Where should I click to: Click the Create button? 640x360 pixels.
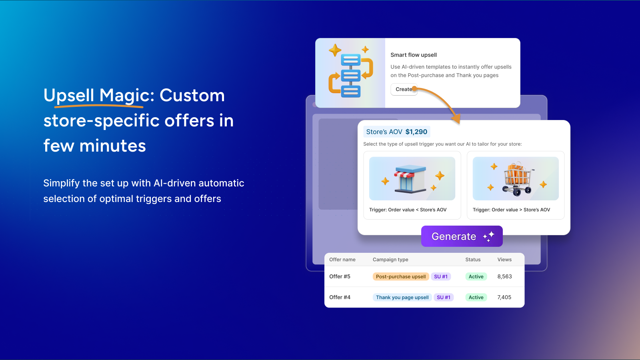[404, 90]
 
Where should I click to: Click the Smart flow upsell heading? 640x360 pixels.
[414, 55]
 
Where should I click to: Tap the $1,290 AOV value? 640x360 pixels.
[416, 132]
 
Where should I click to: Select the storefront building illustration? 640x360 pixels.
[410, 179]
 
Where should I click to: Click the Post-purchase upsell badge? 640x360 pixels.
[400, 276]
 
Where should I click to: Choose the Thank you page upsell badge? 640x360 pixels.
[402, 298]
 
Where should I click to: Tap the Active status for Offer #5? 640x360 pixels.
[476, 276]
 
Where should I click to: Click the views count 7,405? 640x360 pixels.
[504, 298]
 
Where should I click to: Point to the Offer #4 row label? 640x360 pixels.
[340, 298]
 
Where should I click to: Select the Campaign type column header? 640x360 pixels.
[390, 260]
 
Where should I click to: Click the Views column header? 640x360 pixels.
[504, 260]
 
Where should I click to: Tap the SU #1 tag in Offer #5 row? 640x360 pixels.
[440, 276]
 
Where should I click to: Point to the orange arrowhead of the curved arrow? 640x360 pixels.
[456, 118]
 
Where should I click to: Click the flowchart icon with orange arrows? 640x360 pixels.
[351, 72]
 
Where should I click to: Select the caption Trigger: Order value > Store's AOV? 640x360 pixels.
[511, 210]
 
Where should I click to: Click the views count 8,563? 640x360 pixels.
[504, 276]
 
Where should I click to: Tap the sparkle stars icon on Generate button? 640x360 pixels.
[488, 236]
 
